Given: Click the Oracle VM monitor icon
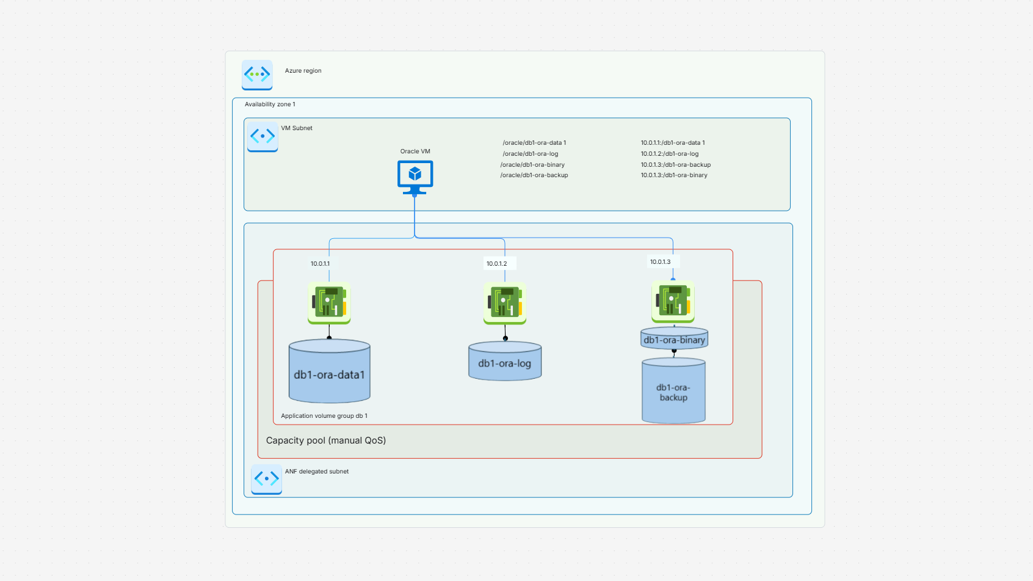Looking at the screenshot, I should tap(415, 176).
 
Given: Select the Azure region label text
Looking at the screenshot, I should tap(303, 71).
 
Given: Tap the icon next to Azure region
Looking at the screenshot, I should tap(257, 75).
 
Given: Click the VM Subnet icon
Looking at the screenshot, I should tap(263, 136).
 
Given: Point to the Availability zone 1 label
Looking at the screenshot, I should tap(270, 104).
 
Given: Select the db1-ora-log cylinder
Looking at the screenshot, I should tap(504, 362).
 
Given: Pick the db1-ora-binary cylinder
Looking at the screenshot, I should tap(674, 339).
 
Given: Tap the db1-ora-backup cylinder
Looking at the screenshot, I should tap(673, 392).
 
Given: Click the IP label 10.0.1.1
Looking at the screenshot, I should tap(320, 264).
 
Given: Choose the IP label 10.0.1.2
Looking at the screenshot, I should tap(496, 264).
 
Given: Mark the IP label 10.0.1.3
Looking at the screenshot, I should tap(660, 262).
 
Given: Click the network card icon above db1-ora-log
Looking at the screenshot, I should tap(504, 302).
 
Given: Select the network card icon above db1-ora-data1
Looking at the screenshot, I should tap(329, 302).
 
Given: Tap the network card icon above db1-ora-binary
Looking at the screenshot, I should tap(673, 301).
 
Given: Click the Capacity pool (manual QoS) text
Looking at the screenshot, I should tap(325, 440).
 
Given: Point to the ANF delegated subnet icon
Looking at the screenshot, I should tap(266, 478).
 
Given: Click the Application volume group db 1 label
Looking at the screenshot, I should tap(324, 416).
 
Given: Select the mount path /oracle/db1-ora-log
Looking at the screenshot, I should tap(530, 154).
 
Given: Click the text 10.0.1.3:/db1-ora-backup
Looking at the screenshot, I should tap(675, 165).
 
